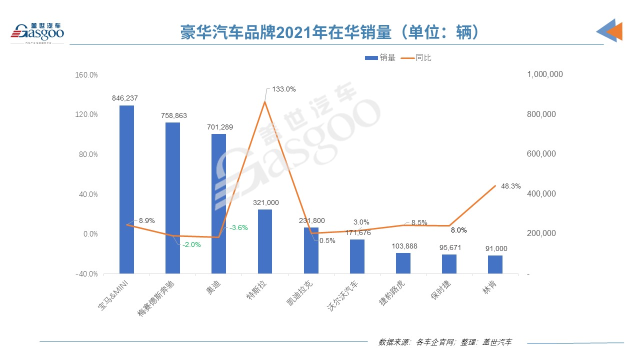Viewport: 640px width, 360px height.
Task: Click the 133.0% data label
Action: coord(284,89)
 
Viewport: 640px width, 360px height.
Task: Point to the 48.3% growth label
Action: coord(510,186)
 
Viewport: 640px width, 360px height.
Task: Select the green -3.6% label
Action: coord(238,227)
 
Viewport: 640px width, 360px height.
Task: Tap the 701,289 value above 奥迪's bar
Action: coord(218,127)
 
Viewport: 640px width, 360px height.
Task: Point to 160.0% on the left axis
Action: coord(86,75)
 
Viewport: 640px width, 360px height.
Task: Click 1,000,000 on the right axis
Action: coord(545,74)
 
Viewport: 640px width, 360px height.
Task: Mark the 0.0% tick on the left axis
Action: coord(90,234)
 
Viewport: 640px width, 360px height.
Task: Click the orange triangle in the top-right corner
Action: coord(615,31)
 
